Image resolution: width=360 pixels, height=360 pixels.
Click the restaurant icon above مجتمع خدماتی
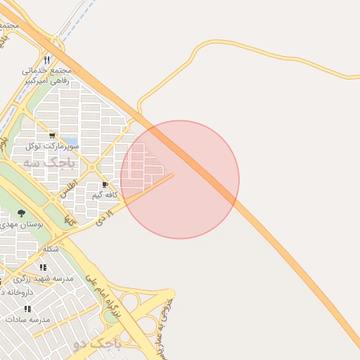tap(46, 60)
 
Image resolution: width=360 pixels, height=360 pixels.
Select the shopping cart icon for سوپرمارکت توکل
tap(52, 135)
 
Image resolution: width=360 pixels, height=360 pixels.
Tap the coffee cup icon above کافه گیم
tap(105, 184)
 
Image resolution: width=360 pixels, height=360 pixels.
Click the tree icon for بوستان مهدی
tap(22, 213)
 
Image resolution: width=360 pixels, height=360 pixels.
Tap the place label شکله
tap(51, 250)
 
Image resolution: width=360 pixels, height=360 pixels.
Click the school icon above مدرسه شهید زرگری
tap(44, 267)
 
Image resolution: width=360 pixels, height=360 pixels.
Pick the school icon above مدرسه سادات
tap(27, 308)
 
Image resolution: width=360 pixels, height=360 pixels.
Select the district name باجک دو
tap(97, 345)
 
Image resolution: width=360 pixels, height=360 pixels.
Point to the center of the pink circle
tap(180, 180)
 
